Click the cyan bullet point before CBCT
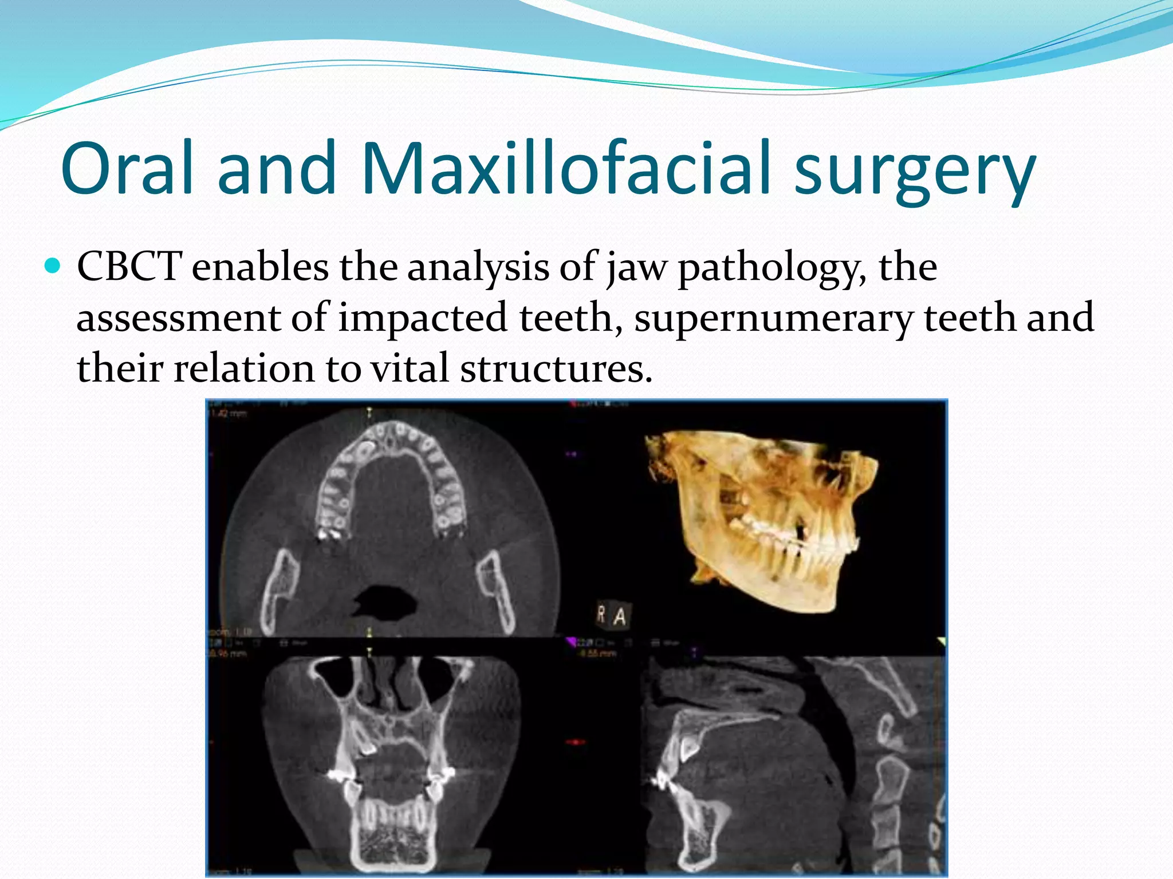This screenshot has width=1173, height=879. click(x=52, y=266)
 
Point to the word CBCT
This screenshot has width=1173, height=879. click(x=129, y=267)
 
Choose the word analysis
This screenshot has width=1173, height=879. click(x=478, y=268)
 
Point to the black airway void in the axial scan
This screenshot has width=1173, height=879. click(x=384, y=600)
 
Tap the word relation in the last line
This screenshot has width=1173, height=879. click(x=244, y=368)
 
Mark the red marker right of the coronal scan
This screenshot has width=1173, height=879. click(x=573, y=742)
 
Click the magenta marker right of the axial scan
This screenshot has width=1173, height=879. click(x=572, y=454)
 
